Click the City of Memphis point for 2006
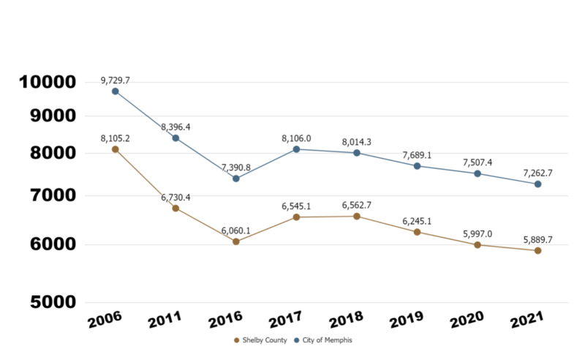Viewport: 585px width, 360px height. [116, 91]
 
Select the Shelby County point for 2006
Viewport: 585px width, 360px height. [116, 149]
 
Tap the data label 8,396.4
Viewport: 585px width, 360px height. [175, 127]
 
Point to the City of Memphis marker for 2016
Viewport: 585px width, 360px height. [236, 179]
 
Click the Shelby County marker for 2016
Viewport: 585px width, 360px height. [236, 241]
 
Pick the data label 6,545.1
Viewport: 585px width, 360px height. [296, 206]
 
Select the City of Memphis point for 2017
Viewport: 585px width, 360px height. [296, 149]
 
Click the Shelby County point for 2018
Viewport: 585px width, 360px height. [357, 217]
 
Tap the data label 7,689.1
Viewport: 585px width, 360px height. [417, 155]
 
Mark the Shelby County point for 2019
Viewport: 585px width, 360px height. [417, 232]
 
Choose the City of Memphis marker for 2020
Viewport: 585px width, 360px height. [478, 173]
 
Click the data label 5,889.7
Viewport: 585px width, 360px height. [537, 239]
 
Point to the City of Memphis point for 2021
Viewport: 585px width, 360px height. [537, 184]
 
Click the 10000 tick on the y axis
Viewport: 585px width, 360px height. [47, 82]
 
